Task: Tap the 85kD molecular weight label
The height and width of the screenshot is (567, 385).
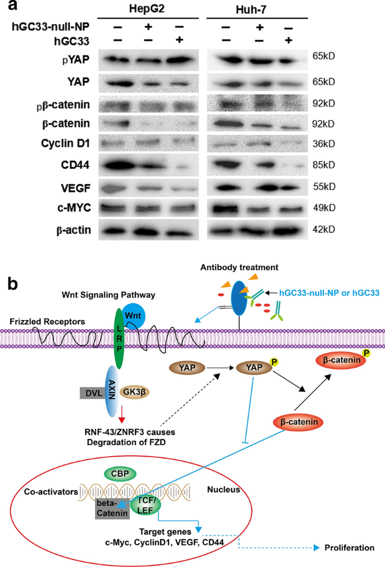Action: pos(324,165)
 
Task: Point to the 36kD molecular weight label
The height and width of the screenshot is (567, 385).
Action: pos(324,144)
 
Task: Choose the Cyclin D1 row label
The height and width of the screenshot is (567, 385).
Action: pos(65,144)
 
